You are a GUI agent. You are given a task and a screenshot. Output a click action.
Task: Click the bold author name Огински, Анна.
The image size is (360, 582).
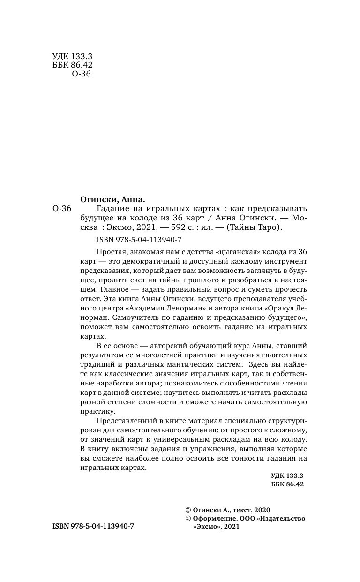(x=109, y=199)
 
